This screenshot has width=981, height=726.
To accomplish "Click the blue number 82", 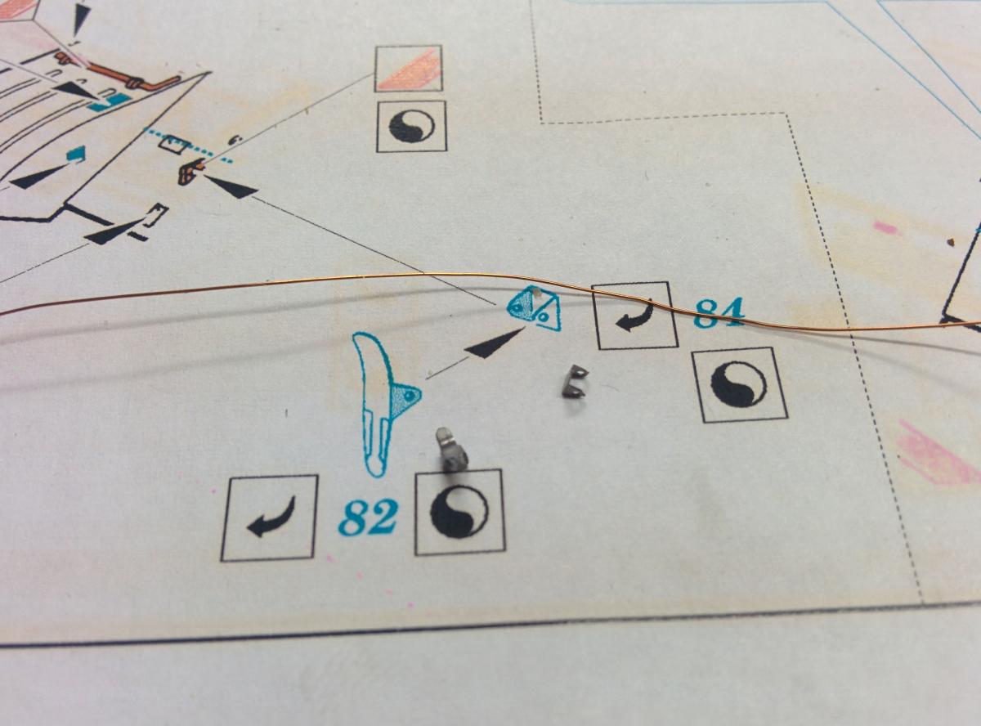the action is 368,518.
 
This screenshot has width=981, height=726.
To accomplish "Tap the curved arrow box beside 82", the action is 269,518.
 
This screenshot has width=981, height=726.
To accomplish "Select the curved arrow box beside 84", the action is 634,316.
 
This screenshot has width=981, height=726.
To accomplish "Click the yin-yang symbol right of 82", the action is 459,512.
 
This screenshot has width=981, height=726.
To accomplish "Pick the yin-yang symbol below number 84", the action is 739,384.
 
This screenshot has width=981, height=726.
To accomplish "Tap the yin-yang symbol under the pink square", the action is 411,126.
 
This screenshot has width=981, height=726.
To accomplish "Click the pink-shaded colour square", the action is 408,69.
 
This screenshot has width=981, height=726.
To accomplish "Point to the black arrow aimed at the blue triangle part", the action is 495,343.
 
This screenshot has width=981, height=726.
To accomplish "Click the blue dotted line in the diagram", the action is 188,144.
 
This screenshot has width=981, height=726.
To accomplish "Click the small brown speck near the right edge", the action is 951,241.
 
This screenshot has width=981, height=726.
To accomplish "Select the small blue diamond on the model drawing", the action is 76,154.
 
